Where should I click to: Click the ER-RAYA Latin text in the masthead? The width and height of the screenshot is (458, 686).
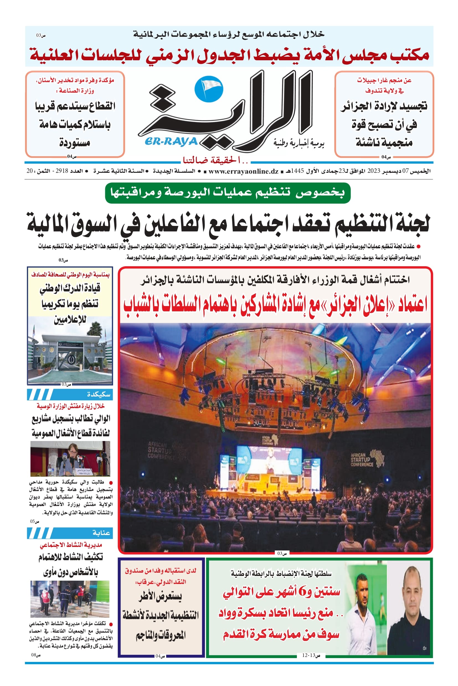(171, 142)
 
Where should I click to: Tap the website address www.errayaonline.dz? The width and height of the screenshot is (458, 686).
(243, 171)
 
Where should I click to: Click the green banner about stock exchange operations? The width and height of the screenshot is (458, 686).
(228, 193)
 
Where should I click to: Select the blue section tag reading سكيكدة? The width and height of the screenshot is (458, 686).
(98, 395)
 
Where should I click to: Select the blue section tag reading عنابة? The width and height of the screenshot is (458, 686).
(101, 533)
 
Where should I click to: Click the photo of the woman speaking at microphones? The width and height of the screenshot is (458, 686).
(70, 459)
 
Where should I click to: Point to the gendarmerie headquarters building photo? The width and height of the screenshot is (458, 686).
(70, 350)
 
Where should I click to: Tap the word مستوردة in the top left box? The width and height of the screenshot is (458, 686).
(74, 143)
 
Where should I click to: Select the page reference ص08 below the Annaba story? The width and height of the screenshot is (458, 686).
(36, 655)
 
